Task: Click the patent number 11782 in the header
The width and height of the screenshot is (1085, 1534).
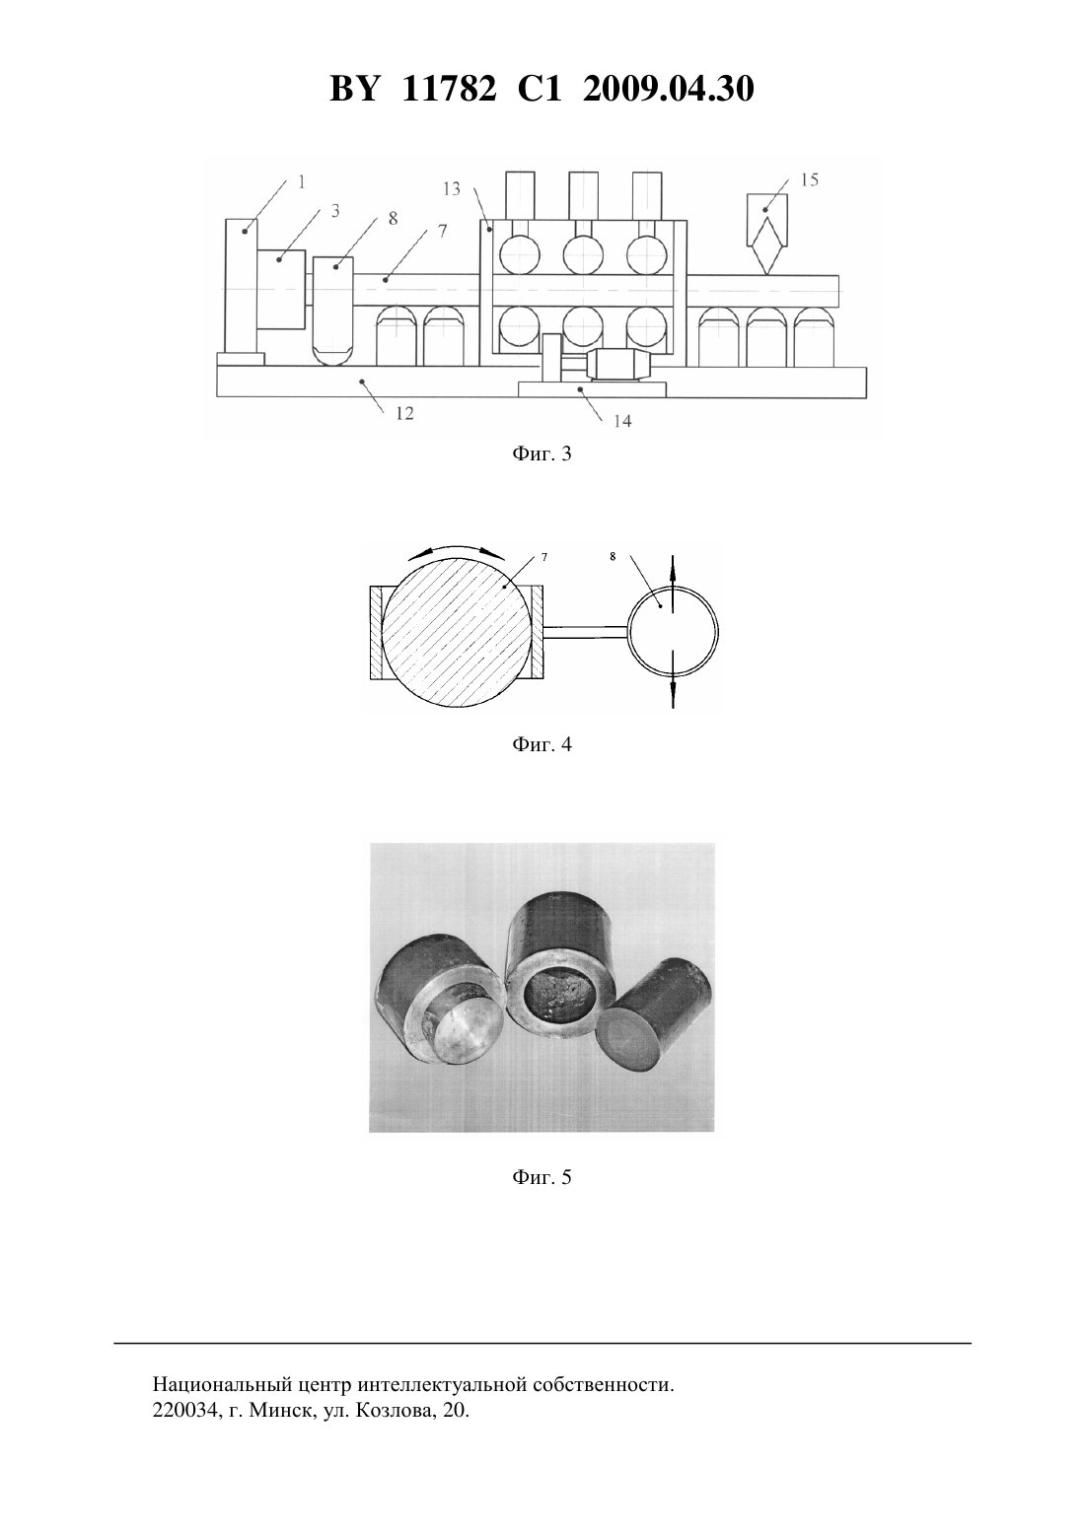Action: tap(449, 89)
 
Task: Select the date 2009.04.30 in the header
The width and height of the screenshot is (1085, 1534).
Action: tap(669, 89)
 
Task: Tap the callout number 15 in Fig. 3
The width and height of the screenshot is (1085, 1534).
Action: tap(810, 180)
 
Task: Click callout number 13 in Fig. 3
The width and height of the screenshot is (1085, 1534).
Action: tap(452, 188)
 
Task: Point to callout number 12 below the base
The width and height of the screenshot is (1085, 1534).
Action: tap(404, 413)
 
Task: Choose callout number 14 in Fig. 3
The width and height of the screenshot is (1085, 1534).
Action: tap(622, 421)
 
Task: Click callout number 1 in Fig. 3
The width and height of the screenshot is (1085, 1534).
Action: tap(302, 181)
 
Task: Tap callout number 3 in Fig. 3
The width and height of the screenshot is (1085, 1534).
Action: tap(335, 211)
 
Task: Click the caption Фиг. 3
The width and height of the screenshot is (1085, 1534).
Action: tap(542, 453)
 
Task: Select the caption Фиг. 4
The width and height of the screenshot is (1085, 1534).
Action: tap(542, 743)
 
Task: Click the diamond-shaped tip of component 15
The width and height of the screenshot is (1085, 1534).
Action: tap(767, 245)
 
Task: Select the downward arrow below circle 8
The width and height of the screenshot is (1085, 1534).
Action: tap(673, 680)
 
